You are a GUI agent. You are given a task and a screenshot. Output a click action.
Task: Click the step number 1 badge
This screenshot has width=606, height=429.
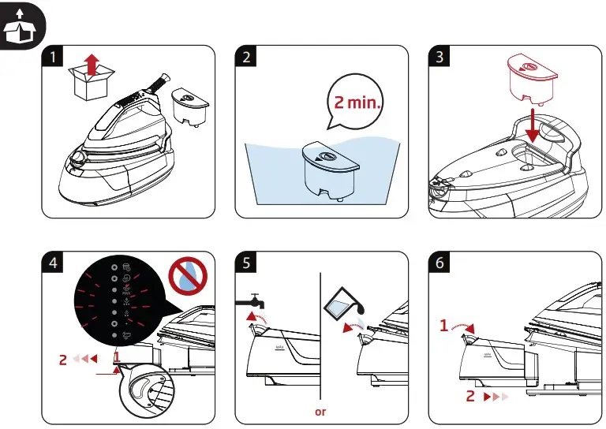coord(52,58)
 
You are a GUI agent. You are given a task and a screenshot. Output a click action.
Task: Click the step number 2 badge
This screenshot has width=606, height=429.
coord(246,58)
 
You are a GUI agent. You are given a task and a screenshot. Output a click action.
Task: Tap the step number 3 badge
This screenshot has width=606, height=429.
coord(440,58)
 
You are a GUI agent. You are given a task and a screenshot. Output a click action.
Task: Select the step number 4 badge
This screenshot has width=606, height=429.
coord(52,263)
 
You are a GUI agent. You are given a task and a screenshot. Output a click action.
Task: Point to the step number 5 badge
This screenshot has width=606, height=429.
coord(246,263)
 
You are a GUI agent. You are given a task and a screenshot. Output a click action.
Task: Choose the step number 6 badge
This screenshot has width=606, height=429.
coord(440,263)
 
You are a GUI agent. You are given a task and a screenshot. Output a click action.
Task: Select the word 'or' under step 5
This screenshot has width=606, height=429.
coord(320,412)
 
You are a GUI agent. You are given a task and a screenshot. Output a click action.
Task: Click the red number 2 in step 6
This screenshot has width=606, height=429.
coord(470,397)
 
